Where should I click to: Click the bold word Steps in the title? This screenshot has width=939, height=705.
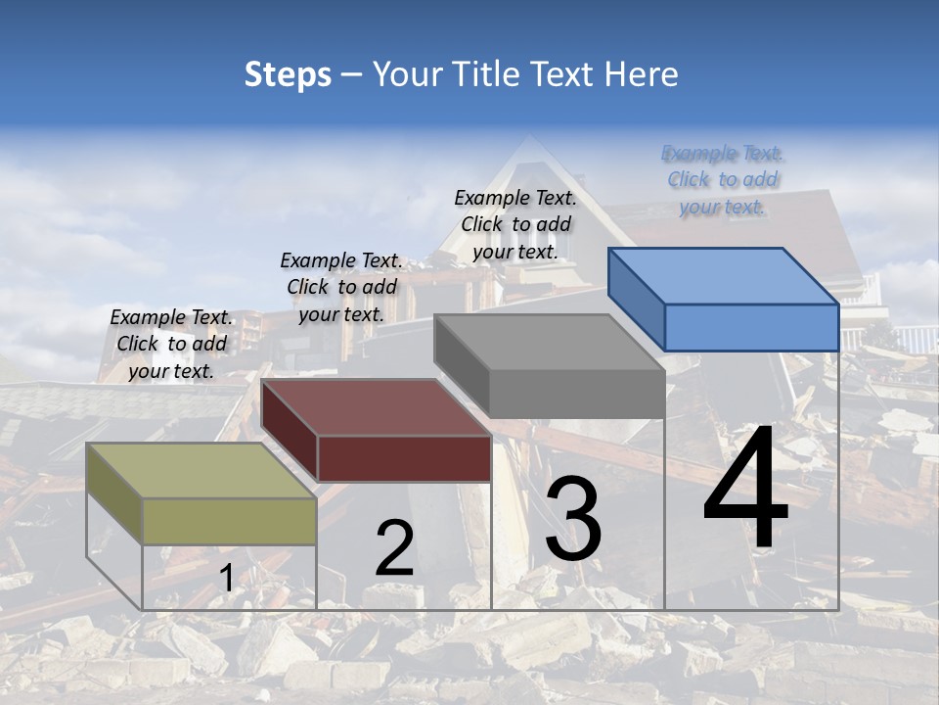click(288, 75)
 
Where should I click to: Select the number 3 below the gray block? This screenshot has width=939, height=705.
click(573, 519)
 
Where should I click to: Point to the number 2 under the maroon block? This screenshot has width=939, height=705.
click(394, 549)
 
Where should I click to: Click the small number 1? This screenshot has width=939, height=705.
click(226, 579)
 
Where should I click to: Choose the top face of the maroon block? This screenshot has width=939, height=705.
click(376, 407)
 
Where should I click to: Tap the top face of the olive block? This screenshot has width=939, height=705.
click(201, 471)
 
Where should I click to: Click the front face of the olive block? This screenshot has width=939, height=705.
click(229, 521)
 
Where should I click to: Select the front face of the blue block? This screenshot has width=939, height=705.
click(751, 327)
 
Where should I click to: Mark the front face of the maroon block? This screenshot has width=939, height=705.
click(404, 458)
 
